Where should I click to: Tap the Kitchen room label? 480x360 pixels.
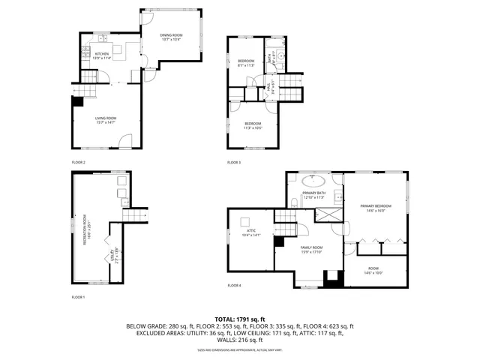pos(102,55)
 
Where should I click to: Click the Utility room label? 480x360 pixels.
pos(111,254)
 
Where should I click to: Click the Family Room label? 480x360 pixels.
pos(311,249)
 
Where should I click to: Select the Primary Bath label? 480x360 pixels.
pos(313,195)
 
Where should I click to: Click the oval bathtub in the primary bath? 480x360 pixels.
pos(313,181)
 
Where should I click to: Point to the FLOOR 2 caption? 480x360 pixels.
pos(78,162)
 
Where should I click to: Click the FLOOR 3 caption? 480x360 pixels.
pos(235,162)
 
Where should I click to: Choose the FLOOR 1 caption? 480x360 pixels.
pos(78,297)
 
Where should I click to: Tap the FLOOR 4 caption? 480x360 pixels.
pos(235,286)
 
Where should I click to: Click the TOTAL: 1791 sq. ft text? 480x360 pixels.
pos(240,319)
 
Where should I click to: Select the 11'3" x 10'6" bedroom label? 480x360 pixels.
pos(253,125)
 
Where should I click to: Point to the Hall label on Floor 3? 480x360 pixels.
pos(268,88)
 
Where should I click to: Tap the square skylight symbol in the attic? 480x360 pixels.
pos(245,221)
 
